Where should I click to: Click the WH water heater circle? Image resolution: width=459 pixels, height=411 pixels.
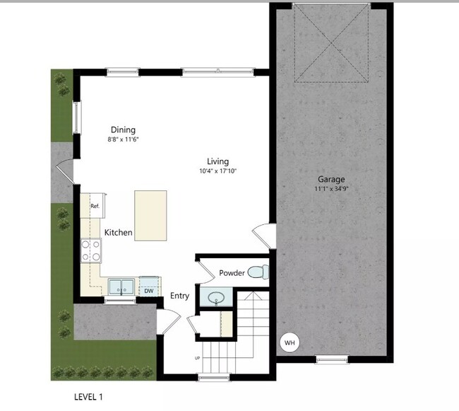[x=290, y=343]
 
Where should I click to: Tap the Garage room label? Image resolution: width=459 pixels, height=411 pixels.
[x=330, y=179]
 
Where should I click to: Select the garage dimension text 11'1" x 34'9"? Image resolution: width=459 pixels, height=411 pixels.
[x=330, y=189]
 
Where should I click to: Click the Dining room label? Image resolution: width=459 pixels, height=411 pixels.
[x=123, y=129]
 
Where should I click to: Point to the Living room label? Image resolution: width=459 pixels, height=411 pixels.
[x=217, y=161]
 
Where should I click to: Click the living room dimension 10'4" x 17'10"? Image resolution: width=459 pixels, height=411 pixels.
[x=217, y=171]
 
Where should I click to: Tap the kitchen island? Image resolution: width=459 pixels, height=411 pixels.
[x=150, y=215]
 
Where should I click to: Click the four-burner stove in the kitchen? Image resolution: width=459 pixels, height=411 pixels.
[x=92, y=250]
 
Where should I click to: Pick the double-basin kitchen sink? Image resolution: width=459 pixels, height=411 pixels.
[x=121, y=286]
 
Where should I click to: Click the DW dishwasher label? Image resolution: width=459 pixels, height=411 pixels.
[x=149, y=290]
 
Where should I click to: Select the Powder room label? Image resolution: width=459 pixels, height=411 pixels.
[x=232, y=273]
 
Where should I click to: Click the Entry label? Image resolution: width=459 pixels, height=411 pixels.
[x=179, y=296]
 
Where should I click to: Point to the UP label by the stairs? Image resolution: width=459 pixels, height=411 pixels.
[x=197, y=359]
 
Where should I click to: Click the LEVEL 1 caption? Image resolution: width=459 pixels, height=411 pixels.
[x=88, y=397]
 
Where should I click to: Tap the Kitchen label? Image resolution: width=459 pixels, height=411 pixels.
[x=119, y=232]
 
